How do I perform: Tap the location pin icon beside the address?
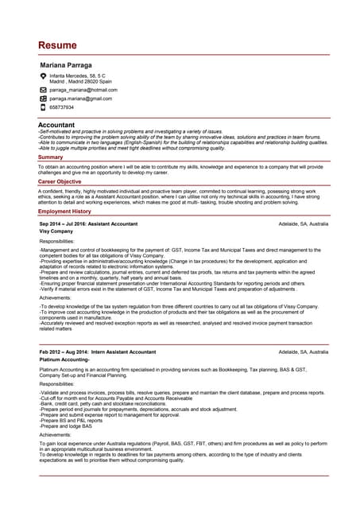pos(43,76)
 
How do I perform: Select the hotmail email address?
pos(83,90)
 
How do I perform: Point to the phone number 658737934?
pos(61,107)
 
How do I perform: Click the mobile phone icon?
pos(43,107)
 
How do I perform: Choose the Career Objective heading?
pos(60,182)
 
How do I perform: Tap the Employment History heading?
pos(64,212)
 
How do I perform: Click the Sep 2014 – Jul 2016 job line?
pos(88,224)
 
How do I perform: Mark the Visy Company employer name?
pos(56,231)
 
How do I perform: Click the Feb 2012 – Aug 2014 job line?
pos(98,352)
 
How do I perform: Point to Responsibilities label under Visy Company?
pos(57,241)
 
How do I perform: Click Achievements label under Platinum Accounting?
pos(55,435)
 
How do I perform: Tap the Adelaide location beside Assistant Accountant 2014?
pos(304,224)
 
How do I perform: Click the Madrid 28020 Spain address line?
pos(80,81)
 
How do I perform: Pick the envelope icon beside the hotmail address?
pos(43,90)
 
